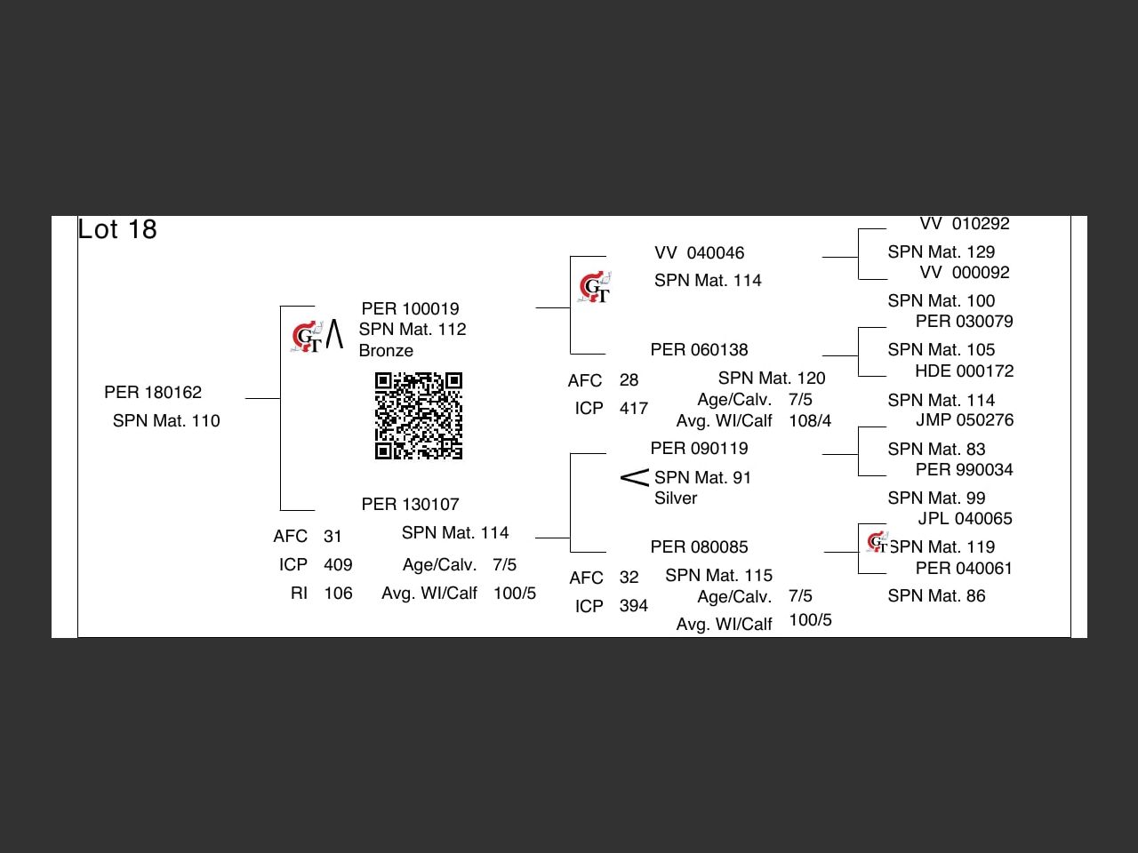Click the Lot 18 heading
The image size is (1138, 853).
(x=117, y=229)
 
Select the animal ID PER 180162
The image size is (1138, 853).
(x=153, y=393)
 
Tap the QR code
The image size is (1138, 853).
(x=419, y=416)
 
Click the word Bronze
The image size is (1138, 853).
(x=386, y=351)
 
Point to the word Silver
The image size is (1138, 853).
(x=676, y=498)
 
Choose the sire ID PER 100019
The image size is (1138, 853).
(x=410, y=309)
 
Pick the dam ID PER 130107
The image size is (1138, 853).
(x=410, y=505)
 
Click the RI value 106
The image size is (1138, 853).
(x=338, y=594)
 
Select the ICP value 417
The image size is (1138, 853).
(x=634, y=409)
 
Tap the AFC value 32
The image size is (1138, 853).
(x=629, y=578)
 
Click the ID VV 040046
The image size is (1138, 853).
(x=699, y=253)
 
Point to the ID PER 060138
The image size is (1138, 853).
(x=699, y=350)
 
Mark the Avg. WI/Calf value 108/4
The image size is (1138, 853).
(x=810, y=421)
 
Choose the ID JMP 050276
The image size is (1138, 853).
(x=965, y=420)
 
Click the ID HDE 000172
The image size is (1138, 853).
(x=965, y=371)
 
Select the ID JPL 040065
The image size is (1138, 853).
(x=965, y=519)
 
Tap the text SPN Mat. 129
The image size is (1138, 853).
(x=941, y=252)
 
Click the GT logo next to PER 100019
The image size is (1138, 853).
(x=307, y=338)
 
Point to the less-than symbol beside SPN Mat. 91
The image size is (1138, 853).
(x=635, y=478)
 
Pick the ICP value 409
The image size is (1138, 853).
(x=338, y=565)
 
